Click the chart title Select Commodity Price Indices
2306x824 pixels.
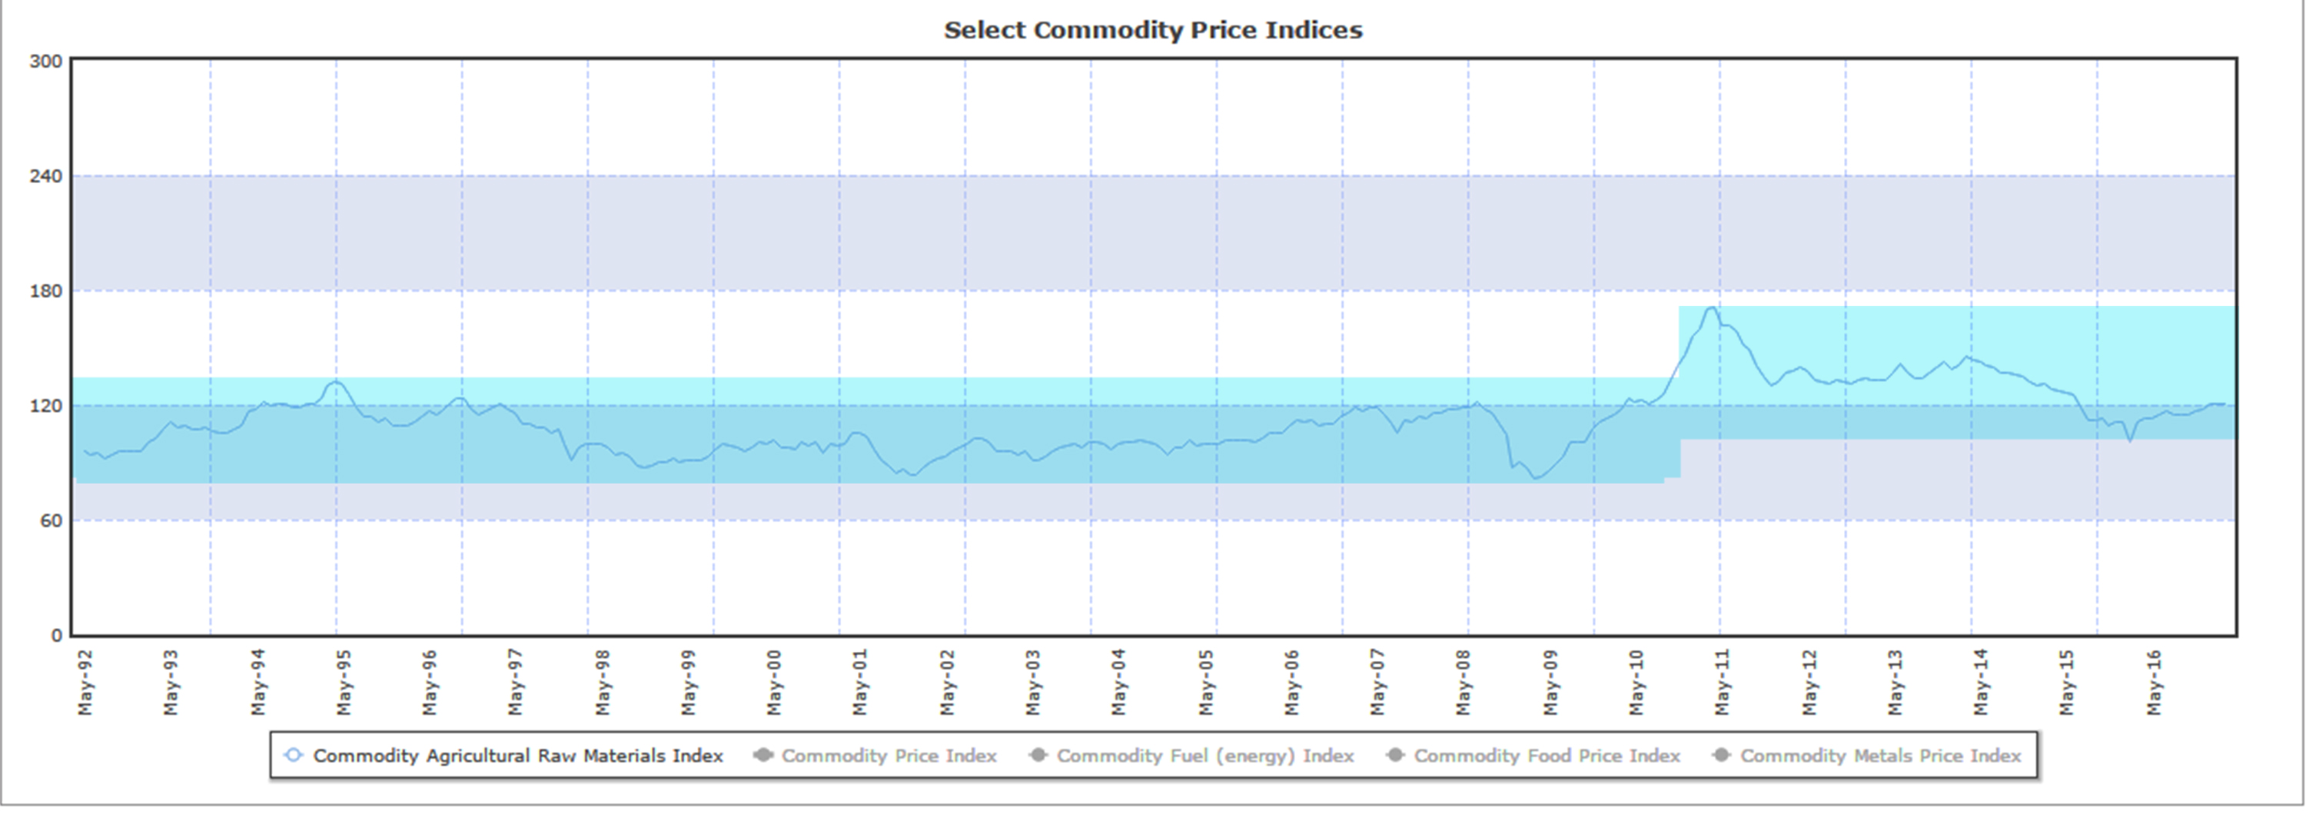point(1153,31)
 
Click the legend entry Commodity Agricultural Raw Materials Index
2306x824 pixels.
point(517,756)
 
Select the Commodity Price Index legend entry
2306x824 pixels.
point(888,756)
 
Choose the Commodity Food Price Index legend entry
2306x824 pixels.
point(1546,756)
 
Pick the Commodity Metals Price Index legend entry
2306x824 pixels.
point(1880,756)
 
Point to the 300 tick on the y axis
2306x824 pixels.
point(45,61)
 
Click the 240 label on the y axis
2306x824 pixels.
point(45,177)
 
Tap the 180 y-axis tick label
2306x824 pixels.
point(45,291)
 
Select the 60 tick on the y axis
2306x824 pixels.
point(51,521)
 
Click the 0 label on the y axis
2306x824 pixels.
point(56,636)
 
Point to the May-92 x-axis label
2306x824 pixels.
point(85,683)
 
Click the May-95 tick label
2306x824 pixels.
point(344,683)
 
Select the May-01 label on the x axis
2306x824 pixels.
point(860,683)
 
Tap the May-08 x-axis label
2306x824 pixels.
point(1464,683)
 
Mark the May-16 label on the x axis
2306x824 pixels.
point(2154,683)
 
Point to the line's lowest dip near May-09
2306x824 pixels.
point(1536,478)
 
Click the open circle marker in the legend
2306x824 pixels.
point(293,755)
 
